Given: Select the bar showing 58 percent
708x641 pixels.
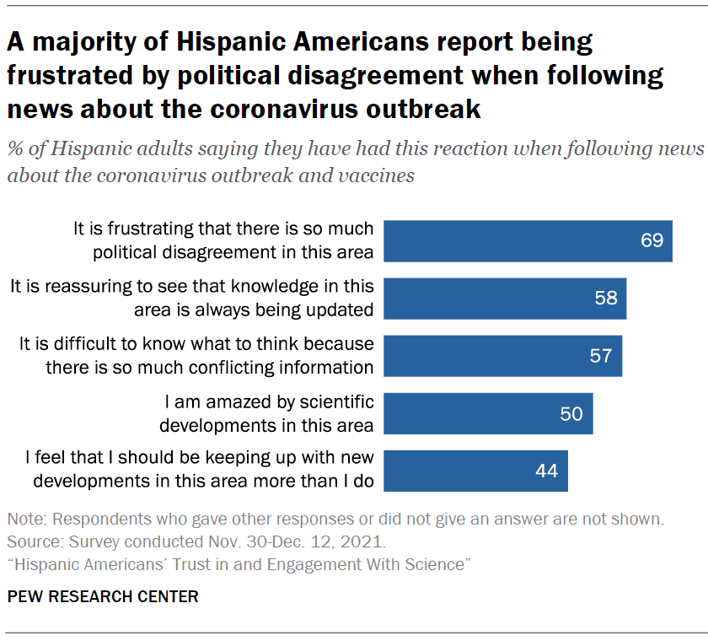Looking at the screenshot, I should click(x=505, y=298).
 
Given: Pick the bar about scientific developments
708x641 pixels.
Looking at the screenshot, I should click(x=488, y=412).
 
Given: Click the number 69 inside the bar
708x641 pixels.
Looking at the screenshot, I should click(x=652, y=240).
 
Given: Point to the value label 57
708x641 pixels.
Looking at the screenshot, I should click(x=600, y=355).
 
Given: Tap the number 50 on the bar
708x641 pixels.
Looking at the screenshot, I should click(x=571, y=412).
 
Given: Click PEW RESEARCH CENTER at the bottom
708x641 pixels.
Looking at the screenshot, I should click(x=103, y=597).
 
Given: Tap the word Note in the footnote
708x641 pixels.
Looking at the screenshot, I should click(x=24, y=518).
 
